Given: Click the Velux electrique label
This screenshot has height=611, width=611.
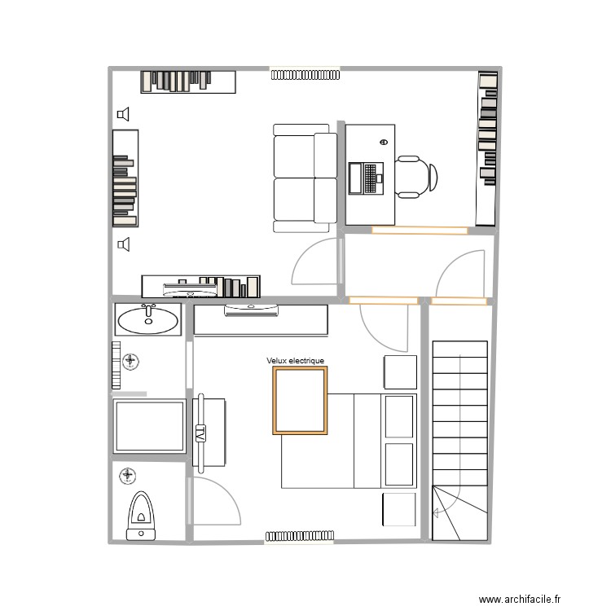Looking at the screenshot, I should click(295, 361).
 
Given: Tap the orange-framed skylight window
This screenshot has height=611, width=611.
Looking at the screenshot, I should click(300, 400).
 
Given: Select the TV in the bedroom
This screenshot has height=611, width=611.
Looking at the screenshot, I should click(200, 433).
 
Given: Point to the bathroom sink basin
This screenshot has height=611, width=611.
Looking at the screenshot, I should click(147, 320).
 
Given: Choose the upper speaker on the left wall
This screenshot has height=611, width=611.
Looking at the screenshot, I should click(123, 115).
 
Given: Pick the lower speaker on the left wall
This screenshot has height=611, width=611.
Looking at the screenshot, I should click(123, 243).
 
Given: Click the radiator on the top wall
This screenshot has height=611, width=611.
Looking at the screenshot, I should click(305, 75).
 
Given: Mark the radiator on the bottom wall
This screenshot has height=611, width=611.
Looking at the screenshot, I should click(298, 536).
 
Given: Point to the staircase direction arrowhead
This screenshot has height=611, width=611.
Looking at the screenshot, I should click(437, 512).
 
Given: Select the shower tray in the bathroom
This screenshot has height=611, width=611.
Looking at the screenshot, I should click(147, 425).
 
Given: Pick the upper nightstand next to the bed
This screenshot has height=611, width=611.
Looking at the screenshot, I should click(399, 371).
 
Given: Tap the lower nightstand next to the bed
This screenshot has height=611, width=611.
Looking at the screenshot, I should click(399, 509).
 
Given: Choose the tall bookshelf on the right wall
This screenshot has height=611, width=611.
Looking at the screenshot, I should click(487, 148).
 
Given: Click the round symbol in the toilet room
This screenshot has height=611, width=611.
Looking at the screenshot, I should click(128, 475).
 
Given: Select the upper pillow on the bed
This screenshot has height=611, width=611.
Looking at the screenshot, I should click(398, 416).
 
